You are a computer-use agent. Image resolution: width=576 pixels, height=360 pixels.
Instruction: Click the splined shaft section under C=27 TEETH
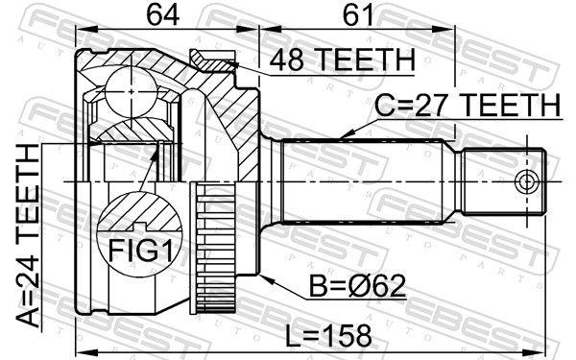(x=365, y=181)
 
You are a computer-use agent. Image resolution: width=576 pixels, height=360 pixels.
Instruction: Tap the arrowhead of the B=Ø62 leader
(x=261, y=272)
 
